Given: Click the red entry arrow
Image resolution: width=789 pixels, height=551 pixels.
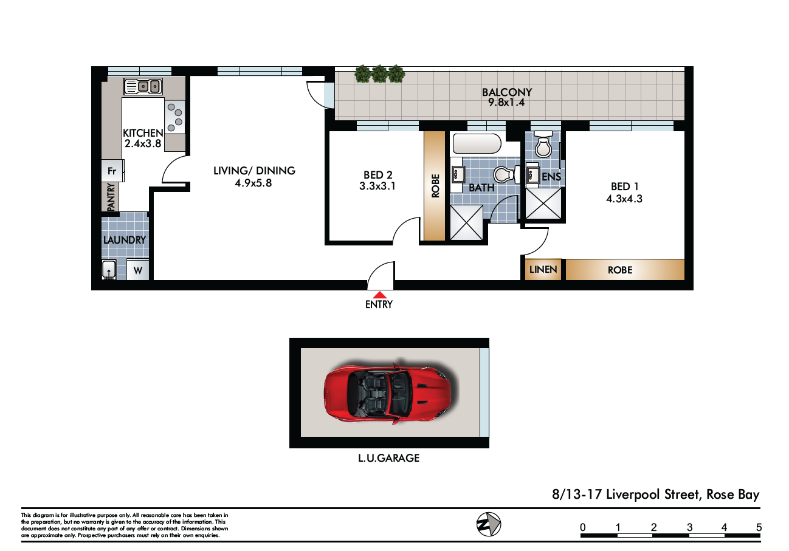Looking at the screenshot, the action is [x=379, y=295].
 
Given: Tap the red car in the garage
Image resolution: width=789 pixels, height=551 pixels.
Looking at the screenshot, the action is [x=387, y=392].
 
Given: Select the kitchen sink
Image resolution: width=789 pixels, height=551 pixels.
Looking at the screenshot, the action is [x=143, y=86].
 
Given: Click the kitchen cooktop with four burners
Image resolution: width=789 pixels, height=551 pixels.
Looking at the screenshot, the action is [x=174, y=117].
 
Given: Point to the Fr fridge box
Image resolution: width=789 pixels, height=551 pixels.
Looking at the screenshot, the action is [x=112, y=171].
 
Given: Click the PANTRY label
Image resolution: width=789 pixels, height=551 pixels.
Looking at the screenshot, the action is [x=111, y=197].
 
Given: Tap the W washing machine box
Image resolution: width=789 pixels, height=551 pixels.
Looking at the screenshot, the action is [x=138, y=270].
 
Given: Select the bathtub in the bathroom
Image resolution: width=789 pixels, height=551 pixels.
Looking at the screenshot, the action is [x=477, y=143].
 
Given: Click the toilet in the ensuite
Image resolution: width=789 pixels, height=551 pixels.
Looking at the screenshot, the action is [x=543, y=144].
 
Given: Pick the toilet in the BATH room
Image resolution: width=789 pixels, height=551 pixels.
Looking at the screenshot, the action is [x=506, y=174].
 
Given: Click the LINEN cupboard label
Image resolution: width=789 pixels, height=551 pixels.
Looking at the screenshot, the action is [x=543, y=269].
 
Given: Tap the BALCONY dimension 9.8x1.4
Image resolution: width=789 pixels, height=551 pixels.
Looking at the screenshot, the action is [x=506, y=103].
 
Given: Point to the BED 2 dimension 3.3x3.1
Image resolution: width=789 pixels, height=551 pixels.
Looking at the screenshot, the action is [x=377, y=186].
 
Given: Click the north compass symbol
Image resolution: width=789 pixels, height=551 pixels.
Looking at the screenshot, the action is [x=489, y=524].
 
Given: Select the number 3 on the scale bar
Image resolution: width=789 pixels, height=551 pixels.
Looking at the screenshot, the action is [x=689, y=527].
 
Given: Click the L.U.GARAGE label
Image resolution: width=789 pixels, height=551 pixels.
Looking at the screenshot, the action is [x=389, y=458].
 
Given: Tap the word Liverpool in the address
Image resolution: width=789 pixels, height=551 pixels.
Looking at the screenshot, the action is [x=633, y=495].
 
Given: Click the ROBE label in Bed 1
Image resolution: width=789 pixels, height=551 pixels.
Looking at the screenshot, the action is [x=620, y=270].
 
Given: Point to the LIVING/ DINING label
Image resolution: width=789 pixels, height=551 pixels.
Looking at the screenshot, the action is [x=254, y=171].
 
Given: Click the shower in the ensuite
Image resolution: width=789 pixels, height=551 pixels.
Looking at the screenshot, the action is [x=543, y=204].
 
